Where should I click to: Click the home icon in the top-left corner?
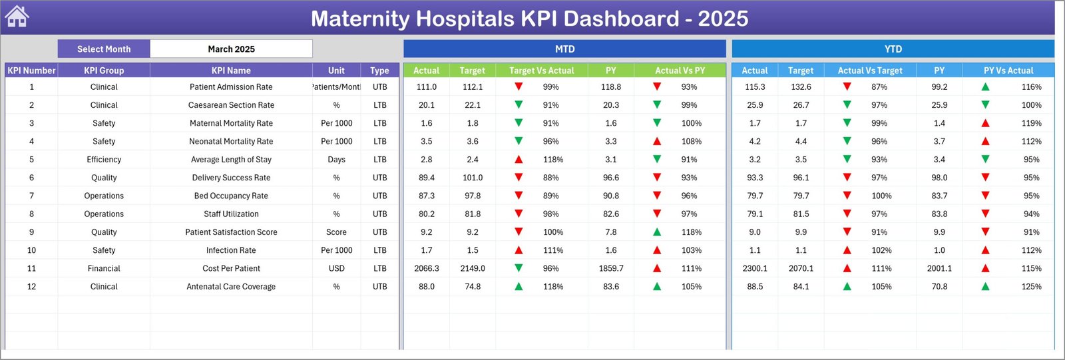pos(17,17)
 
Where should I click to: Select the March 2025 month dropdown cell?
pos(231,49)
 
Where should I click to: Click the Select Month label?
pos(104,49)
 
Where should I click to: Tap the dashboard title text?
pos(529,19)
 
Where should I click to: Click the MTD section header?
pos(564,49)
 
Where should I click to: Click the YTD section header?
pos(893,49)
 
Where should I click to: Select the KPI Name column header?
pos(231,71)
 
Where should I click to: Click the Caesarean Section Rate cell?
pos(231,105)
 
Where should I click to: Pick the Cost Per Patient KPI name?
pos(231,268)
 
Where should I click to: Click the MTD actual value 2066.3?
pos(426,268)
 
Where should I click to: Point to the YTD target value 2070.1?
pos(801,268)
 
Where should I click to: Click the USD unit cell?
pos(336,268)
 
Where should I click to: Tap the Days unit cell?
pos(336,160)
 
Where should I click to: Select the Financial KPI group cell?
pos(104,268)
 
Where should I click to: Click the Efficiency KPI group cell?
pos(104,160)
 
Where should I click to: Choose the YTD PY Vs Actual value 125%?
pos(1031,287)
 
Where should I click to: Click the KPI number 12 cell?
pos(31,287)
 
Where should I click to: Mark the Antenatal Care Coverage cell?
pos(231,287)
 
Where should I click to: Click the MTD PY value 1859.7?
pos(611,268)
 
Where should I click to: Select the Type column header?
pos(379,71)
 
